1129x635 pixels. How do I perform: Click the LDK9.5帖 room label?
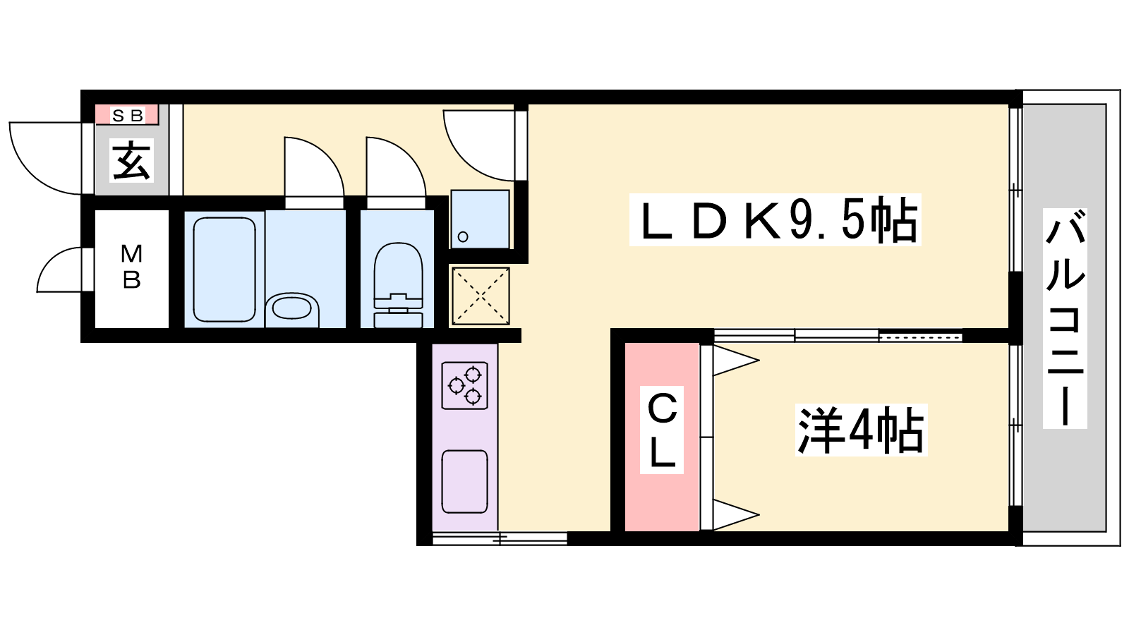775,219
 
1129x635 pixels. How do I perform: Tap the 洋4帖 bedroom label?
861,430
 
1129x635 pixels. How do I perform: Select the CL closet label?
662,430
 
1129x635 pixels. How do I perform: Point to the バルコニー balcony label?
1065,318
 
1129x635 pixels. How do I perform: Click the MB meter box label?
131,267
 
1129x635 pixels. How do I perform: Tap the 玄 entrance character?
131,161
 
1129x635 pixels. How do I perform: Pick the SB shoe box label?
128,116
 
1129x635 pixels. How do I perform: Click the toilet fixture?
398,285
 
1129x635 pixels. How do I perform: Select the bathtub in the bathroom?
224,270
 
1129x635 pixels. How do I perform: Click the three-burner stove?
465,385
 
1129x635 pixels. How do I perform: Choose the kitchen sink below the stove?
465,482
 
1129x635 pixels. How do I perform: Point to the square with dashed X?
481,296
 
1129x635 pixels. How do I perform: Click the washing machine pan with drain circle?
480,219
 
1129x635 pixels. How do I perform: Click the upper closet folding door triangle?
737,361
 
